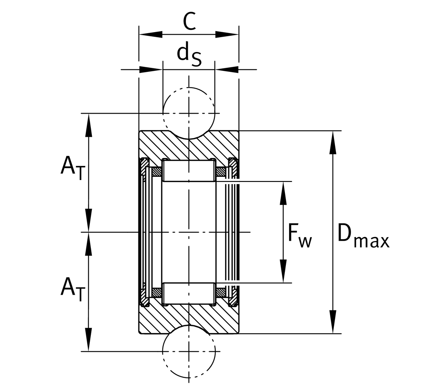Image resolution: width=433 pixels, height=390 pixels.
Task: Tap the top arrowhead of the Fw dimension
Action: point(284,193)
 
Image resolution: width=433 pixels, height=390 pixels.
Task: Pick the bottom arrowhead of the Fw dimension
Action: point(284,271)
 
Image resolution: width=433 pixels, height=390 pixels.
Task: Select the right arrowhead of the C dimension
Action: point(227,34)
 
